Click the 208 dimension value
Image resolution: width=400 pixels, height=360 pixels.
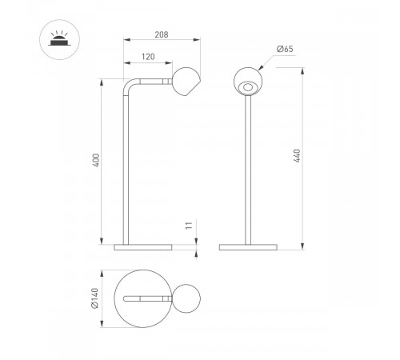[162, 34]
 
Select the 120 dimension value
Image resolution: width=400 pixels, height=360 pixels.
[148, 57]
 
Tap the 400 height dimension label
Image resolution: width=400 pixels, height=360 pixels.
[96, 160]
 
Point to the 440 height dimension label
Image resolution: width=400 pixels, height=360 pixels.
[297, 156]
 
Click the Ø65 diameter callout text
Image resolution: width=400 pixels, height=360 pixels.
[285, 49]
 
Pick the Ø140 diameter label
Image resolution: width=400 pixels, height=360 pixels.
[95, 298]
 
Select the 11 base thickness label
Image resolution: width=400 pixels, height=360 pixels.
[189, 226]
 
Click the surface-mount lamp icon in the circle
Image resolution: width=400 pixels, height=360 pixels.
[59, 39]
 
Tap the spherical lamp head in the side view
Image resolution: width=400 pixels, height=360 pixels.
[186, 82]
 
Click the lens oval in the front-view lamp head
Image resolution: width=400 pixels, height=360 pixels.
[248, 87]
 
